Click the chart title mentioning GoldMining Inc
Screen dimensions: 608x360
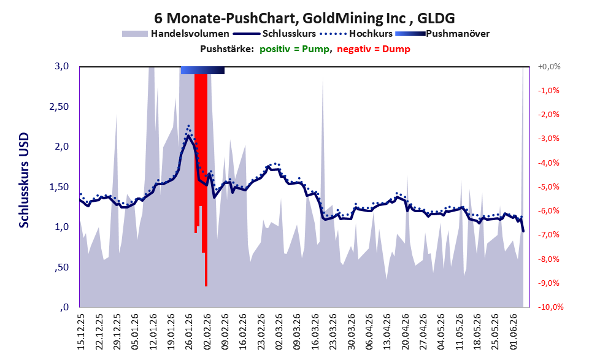pos(304,18)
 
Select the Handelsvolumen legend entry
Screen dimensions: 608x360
pos(175,34)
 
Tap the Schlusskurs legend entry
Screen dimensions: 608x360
pos(274,34)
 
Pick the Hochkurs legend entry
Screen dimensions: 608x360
pos(356,34)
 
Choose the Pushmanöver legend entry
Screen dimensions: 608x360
pos(442,34)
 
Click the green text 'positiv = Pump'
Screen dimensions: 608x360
pos(294,49)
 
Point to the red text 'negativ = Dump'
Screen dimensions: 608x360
pos(374,49)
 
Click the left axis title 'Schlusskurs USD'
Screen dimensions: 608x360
pos(24,180)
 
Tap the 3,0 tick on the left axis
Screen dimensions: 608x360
pos(61,66)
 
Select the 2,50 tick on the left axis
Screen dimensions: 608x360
pos(59,107)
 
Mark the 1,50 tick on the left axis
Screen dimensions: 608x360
pos(59,187)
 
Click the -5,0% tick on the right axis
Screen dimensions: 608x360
pos(548,187)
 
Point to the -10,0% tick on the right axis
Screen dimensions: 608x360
pos(550,307)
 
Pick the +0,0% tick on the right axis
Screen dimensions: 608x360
pos(549,67)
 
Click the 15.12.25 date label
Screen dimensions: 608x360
pos(82,331)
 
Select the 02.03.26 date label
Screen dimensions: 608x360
pos(280,331)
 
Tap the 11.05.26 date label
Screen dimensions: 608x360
pos(460,331)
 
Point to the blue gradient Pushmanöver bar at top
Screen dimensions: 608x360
pos(202,70)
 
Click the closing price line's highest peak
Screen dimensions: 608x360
pos(188,136)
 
